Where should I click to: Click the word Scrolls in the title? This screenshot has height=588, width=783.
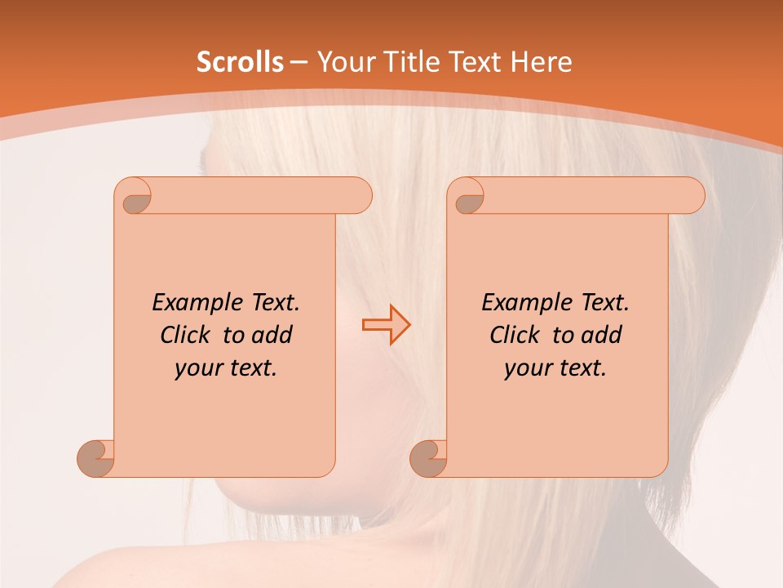tap(241, 62)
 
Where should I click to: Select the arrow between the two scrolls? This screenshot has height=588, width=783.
tap(387, 324)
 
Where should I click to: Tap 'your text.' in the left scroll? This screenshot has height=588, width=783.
tap(226, 368)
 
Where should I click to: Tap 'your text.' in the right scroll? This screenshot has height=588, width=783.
tap(555, 368)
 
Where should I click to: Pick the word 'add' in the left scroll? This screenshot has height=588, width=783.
tap(272, 335)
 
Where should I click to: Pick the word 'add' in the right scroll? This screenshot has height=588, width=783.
tap(602, 335)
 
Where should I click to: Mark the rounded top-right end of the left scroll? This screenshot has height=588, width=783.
tap(359, 195)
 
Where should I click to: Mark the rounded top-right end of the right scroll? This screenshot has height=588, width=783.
tap(692, 195)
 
